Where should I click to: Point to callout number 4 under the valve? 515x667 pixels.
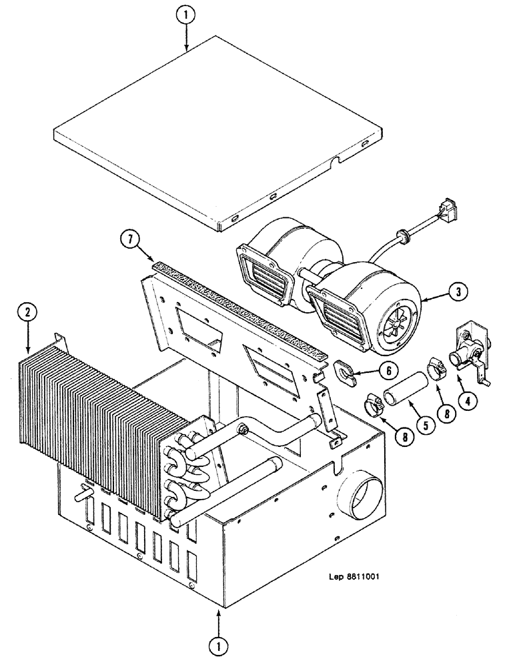point(470,401)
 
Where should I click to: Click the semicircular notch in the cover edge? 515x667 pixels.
point(341,159)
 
